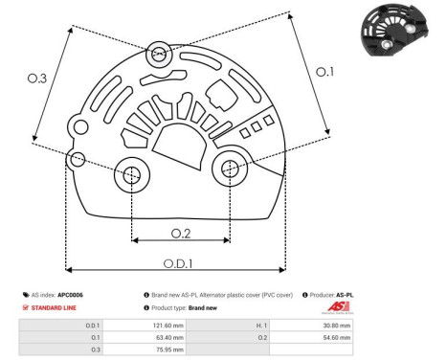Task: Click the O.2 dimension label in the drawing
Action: [181, 234]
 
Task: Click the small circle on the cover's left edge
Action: [78, 157]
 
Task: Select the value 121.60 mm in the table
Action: [167, 326]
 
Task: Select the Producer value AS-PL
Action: [355, 294]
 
